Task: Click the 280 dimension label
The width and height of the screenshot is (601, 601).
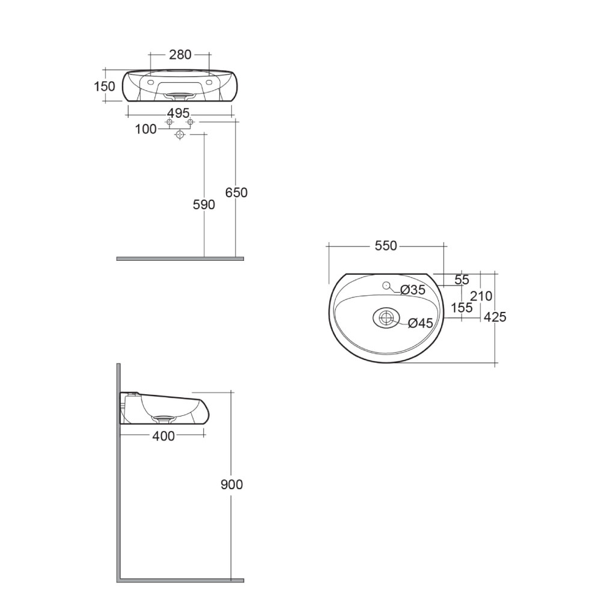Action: pyautogui.click(x=180, y=55)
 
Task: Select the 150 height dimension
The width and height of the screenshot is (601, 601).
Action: pyautogui.click(x=105, y=86)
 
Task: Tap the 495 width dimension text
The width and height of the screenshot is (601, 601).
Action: pyautogui.click(x=178, y=113)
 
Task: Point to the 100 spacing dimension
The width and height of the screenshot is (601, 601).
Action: pyautogui.click(x=145, y=129)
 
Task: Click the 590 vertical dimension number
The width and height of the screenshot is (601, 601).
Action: pyautogui.click(x=204, y=205)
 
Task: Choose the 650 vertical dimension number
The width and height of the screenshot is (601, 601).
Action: pyautogui.click(x=236, y=192)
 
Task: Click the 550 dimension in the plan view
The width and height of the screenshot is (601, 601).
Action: pyautogui.click(x=386, y=246)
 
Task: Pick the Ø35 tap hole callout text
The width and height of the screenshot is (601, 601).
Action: pyautogui.click(x=413, y=290)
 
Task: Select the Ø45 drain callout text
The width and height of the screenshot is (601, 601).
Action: pyautogui.click(x=421, y=323)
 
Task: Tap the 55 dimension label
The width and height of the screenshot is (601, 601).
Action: pyautogui.click(x=462, y=280)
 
